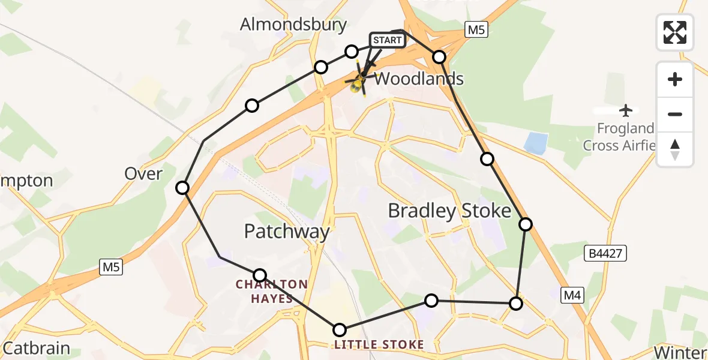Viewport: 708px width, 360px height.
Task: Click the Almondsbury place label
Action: pos(293,25)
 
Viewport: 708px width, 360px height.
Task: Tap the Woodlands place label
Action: pos(419,79)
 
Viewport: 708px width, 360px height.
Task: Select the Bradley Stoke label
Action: pos(449,211)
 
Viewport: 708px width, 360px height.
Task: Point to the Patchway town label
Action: pos(287,232)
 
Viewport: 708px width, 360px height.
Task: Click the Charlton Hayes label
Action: pos(272,291)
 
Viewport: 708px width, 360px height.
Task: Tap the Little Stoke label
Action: pos(379,344)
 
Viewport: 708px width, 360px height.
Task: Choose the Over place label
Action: pos(143,174)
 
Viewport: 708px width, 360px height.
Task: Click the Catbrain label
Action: pos(37,348)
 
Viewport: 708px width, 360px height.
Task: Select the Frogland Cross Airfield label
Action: pos(619,137)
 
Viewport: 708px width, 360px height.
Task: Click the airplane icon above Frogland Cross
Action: pos(626,110)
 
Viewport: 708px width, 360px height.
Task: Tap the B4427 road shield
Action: pos(605,254)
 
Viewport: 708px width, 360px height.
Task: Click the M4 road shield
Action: pos(572,294)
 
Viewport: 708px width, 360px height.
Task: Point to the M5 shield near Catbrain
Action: pos(111,268)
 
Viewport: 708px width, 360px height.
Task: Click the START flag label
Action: pos(387,40)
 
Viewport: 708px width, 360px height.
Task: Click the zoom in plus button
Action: pos(675,79)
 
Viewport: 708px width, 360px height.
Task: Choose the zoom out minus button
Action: pos(675,114)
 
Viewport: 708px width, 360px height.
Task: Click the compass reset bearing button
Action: pos(675,149)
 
